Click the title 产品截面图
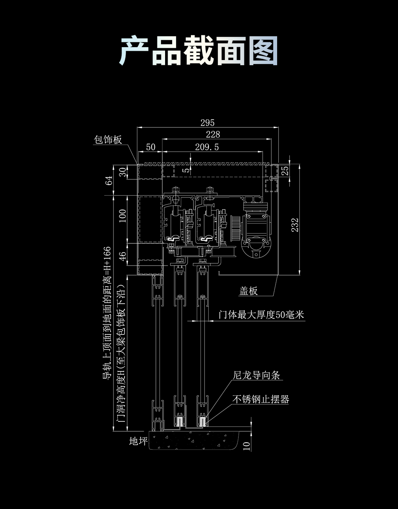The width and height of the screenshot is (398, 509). (199, 51)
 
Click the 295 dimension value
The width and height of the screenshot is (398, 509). (207, 123)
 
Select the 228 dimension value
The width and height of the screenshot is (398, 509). (213, 134)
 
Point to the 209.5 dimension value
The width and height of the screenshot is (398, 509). (207, 147)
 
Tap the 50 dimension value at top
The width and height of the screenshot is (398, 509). (151, 147)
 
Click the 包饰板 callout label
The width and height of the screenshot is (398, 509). (108, 140)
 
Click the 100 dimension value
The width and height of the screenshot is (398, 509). (123, 215)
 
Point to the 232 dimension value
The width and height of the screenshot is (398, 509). (295, 225)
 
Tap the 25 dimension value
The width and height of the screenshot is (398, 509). (285, 171)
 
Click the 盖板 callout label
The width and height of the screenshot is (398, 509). (248, 291)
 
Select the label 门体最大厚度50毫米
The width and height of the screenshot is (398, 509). (261, 315)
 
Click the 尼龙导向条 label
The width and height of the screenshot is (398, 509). (256, 375)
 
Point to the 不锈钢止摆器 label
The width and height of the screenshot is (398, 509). (261, 399)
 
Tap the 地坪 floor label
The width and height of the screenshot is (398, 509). (138, 441)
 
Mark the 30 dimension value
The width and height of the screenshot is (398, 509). (123, 171)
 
